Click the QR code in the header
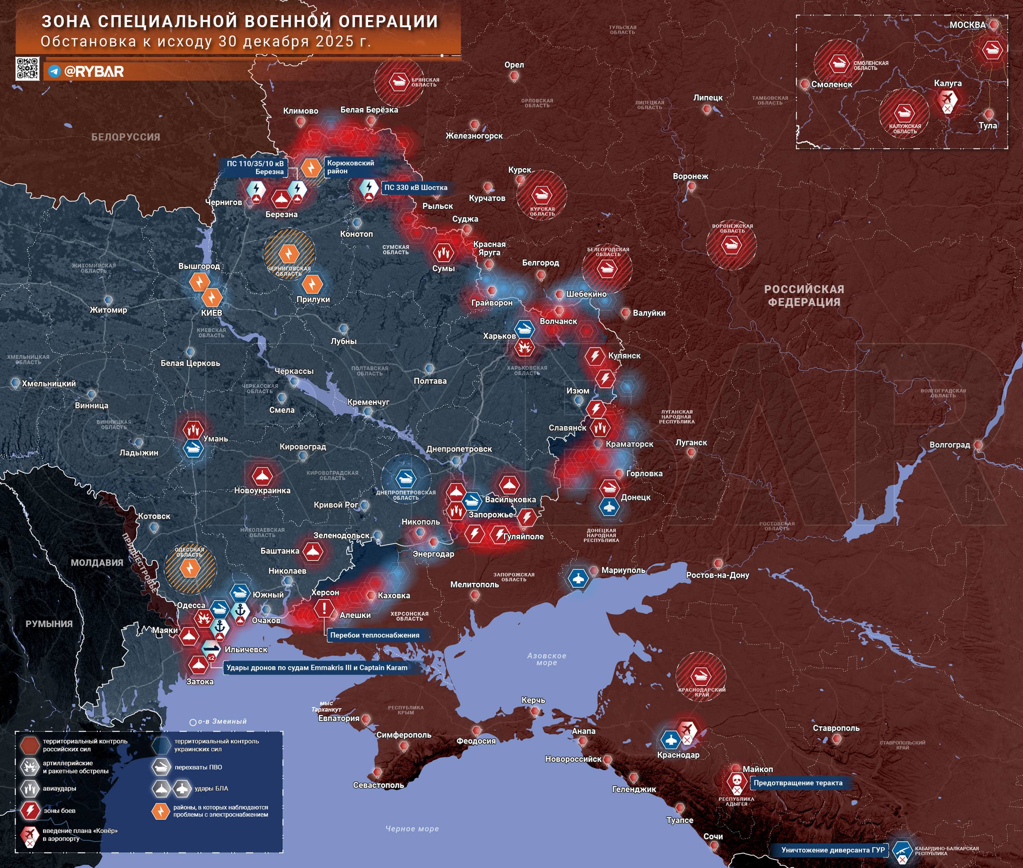pyautogui.click(x=28, y=68)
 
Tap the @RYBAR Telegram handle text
pyautogui.click(x=94, y=72)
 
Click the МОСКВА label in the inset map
pyautogui.click(x=967, y=25)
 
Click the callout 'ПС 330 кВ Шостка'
pyautogui.click(x=415, y=187)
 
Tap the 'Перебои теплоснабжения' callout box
pyautogui.click(x=375, y=635)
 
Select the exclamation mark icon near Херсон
pyautogui.click(x=324, y=609)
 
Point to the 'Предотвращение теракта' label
pyautogui.click(x=798, y=783)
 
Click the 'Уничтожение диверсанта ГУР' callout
pyautogui.click(x=832, y=850)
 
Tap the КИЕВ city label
pyautogui.click(x=211, y=312)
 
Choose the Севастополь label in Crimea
pyautogui.click(x=378, y=785)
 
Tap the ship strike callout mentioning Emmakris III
pyautogui.click(x=316, y=668)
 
